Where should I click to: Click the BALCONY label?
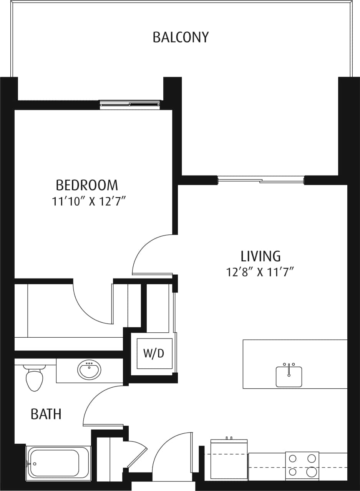tap(181, 37)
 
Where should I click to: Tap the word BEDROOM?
tap(87, 185)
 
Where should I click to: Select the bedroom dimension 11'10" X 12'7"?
tap(89, 202)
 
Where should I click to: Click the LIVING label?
tap(260, 256)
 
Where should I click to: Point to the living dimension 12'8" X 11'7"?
tap(260, 272)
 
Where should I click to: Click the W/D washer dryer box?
tap(154, 353)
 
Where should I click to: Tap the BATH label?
tap(46, 414)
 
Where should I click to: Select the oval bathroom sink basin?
tap(90, 370)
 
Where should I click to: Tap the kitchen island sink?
tap(289, 376)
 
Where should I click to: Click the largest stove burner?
tap(312, 471)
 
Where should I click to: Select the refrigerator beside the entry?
tap(229, 459)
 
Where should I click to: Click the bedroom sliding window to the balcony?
tap(129, 104)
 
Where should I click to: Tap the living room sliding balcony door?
tap(261, 179)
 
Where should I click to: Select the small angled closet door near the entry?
tap(137, 455)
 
